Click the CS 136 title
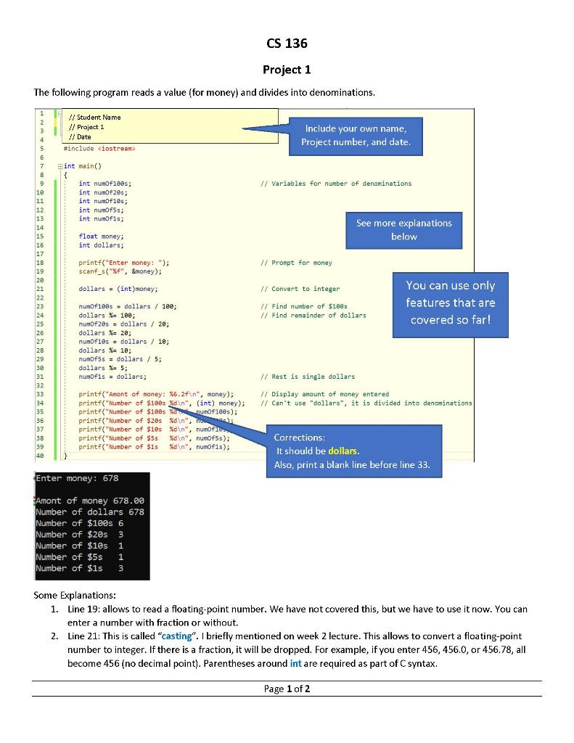287,44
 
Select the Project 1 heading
287,70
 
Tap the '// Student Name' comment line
94,118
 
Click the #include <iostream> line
99,148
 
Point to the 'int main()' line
83,166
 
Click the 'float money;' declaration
101,237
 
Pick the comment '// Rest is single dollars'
308,377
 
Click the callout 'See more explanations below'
403,229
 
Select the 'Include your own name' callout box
356,135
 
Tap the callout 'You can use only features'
450,303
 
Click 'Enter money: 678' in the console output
77,479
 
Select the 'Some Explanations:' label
75,595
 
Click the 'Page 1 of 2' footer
287,689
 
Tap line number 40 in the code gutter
41,456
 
